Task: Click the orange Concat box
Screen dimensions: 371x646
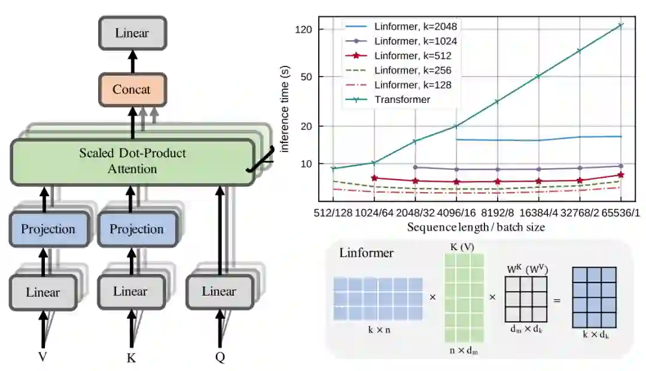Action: coord(132,90)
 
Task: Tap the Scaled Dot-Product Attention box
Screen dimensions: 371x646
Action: coord(132,161)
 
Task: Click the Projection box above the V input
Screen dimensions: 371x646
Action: coord(48,229)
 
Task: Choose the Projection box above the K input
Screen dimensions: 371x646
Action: coord(136,229)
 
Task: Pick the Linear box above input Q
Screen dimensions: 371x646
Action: coord(218,291)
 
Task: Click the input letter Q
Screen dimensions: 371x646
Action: coord(220,357)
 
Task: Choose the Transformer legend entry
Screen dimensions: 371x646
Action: coord(402,99)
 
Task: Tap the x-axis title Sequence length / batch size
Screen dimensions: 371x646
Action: coord(476,227)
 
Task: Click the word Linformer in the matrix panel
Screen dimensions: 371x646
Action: coord(367,253)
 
